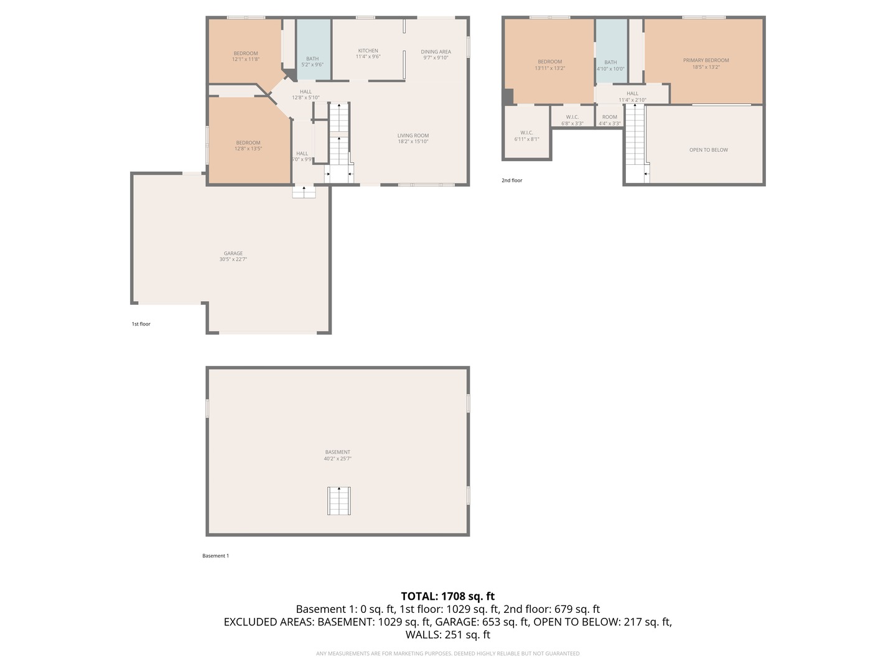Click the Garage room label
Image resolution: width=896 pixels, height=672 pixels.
[x=233, y=254]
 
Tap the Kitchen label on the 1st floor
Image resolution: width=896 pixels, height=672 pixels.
[x=368, y=51]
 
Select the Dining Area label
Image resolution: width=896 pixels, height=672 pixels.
[x=436, y=52]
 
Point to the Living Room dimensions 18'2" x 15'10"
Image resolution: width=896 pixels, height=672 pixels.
[x=413, y=142]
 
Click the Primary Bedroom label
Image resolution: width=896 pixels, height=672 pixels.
[x=706, y=61]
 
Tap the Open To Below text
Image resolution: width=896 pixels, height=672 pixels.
[x=708, y=150]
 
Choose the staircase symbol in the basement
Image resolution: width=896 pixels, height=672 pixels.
[x=339, y=501]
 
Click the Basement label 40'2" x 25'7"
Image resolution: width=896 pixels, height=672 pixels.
[x=338, y=459]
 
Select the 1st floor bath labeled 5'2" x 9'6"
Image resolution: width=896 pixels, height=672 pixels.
[x=312, y=62]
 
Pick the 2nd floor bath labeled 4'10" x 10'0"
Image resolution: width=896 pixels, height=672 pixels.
[x=610, y=65]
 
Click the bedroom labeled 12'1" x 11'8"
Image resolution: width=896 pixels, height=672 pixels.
[x=246, y=57]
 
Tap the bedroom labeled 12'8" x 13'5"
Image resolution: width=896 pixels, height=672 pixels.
[x=248, y=146]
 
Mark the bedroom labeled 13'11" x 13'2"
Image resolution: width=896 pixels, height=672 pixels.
[x=549, y=65]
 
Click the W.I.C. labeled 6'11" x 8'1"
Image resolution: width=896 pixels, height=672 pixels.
[x=526, y=136]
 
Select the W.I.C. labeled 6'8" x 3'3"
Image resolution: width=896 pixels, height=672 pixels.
[x=572, y=120]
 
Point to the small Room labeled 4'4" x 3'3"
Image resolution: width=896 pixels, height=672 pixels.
[x=610, y=120]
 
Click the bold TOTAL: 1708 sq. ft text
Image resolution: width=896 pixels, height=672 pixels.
[x=447, y=596]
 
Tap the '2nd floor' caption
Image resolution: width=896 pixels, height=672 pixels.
[x=512, y=180]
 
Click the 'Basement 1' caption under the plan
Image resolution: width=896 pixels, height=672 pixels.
[x=215, y=556]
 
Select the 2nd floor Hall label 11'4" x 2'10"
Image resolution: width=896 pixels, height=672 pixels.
[x=632, y=96]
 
